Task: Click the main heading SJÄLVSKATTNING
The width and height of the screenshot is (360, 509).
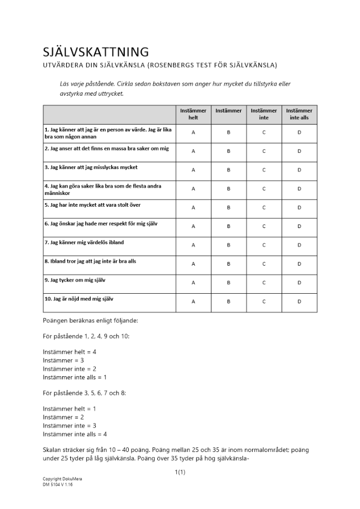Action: (x=96, y=52)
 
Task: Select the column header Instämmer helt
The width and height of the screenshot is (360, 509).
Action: (x=193, y=114)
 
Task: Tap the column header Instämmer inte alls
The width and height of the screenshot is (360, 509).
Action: (x=299, y=114)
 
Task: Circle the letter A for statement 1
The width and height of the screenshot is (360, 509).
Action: (x=193, y=132)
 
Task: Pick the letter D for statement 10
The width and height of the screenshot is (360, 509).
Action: (x=299, y=301)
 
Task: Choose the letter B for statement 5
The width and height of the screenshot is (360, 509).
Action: (x=229, y=208)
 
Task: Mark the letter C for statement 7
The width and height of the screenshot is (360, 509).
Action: (x=264, y=245)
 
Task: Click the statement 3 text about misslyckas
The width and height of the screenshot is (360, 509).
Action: (x=91, y=167)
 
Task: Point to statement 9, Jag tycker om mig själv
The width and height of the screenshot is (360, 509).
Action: (x=75, y=280)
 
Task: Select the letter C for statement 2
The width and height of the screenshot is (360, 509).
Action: (x=264, y=151)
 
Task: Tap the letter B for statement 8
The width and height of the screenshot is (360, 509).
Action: (x=229, y=264)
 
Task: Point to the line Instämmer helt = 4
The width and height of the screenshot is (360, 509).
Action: (x=70, y=352)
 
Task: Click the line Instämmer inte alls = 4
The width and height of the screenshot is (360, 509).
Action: (x=75, y=434)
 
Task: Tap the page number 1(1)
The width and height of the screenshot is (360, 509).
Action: (x=180, y=472)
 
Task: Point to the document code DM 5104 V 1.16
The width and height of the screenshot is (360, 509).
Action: (x=58, y=485)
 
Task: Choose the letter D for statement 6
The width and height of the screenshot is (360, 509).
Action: (x=299, y=226)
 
